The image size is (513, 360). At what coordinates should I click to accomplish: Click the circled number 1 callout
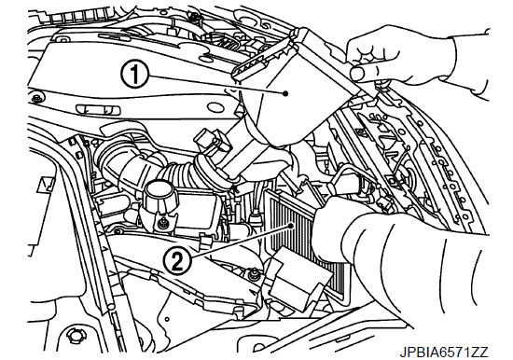click(x=135, y=75)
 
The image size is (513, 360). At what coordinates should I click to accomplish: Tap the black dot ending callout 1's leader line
click(x=285, y=93)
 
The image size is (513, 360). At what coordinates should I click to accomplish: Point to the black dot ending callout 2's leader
click(x=291, y=226)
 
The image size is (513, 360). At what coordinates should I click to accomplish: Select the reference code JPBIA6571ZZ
click(x=444, y=353)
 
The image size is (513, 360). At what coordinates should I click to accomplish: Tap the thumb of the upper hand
click(x=364, y=74)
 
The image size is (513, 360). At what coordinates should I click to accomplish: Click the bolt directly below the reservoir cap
click(x=160, y=224)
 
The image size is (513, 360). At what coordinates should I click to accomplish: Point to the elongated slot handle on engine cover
click(x=98, y=110)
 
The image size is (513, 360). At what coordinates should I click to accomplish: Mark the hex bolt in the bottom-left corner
click(x=73, y=335)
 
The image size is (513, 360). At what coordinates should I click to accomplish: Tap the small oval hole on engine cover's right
click(x=215, y=107)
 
